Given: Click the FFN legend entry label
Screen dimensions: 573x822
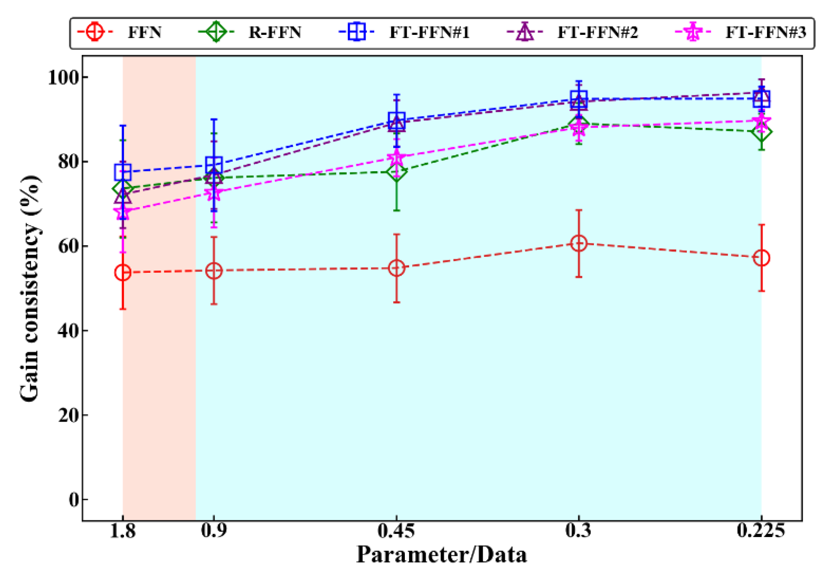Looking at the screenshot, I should coord(144,32).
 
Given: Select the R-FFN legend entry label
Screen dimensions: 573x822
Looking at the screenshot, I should coord(275,32).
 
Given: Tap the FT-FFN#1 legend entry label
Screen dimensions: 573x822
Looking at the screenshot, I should coord(429,32).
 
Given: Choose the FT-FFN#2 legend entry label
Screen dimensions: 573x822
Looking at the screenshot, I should coord(597,32).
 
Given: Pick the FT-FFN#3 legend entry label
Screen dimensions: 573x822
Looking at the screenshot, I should coord(765,32).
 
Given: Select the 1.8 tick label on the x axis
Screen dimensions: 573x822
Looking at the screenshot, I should coord(123,531).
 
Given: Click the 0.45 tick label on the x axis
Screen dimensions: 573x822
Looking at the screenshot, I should coord(396,531).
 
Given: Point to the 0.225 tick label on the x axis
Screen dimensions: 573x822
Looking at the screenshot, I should coord(761,531).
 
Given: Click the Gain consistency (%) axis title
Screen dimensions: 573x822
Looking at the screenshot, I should coord(30,289).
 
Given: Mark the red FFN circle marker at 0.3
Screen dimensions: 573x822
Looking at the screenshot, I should coord(579,243).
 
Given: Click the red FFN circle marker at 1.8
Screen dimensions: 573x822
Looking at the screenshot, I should coord(123,273).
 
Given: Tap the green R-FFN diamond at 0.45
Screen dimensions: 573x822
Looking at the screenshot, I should coord(396,171).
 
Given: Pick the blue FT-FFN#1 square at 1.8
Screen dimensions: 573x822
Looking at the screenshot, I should coord(123,172).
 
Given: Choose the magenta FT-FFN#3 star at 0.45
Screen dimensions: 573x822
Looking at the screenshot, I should coord(396,157).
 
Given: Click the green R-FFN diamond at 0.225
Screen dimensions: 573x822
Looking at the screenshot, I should coord(761,132).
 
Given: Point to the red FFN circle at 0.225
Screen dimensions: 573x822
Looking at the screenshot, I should coord(761,258).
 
